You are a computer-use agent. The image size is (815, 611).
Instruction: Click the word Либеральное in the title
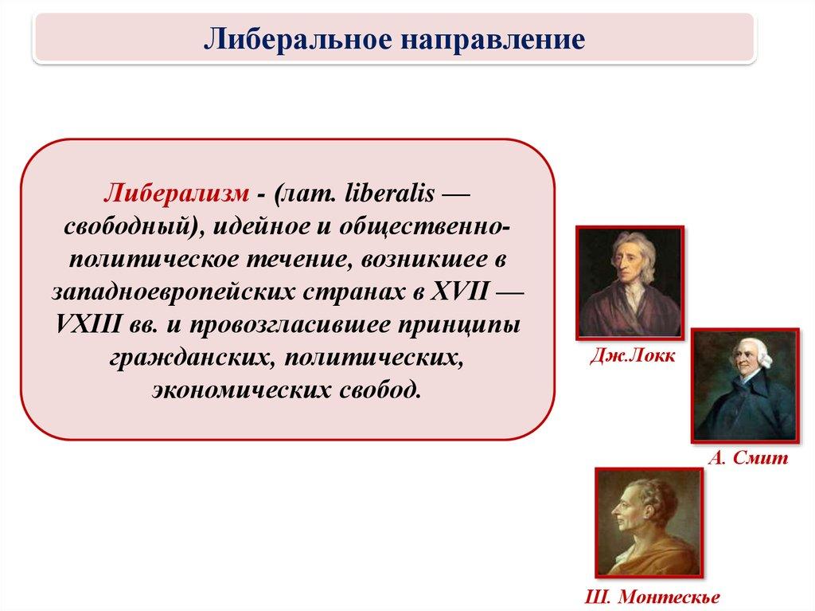(x=298, y=39)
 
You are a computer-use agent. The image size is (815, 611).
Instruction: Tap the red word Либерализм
(x=176, y=194)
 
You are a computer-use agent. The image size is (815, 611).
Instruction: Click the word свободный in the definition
(x=128, y=228)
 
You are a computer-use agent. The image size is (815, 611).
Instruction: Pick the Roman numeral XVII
(x=459, y=292)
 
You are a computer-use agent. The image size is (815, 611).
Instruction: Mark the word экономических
(x=241, y=390)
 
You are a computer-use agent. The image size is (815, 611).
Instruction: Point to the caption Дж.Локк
(x=633, y=355)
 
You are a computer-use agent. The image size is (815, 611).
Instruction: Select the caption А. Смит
(x=748, y=457)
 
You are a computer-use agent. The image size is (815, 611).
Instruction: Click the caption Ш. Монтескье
(x=653, y=597)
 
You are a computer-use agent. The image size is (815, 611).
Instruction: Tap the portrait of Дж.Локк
(x=630, y=283)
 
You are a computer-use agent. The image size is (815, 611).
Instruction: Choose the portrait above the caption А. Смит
(x=745, y=385)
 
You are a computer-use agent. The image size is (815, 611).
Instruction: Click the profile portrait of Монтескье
(x=649, y=523)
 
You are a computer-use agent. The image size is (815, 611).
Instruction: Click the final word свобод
(x=380, y=390)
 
